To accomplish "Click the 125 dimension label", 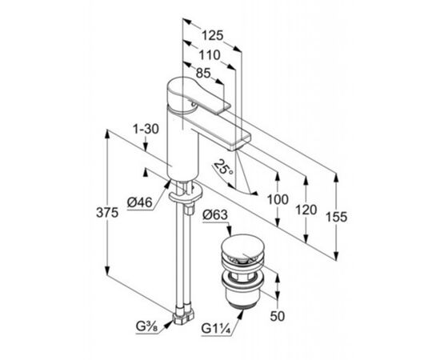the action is tap(213, 36).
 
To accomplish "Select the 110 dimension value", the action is tap(210, 55).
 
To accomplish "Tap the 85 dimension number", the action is tap(203, 74).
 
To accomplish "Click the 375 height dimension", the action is tap(107, 213).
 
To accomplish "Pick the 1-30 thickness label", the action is tap(146, 129).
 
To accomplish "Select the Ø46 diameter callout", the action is tap(139, 202).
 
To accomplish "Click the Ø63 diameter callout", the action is tap(215, 215).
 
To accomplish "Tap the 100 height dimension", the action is tap(278, 199).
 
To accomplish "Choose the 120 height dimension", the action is tap(306, 210).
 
